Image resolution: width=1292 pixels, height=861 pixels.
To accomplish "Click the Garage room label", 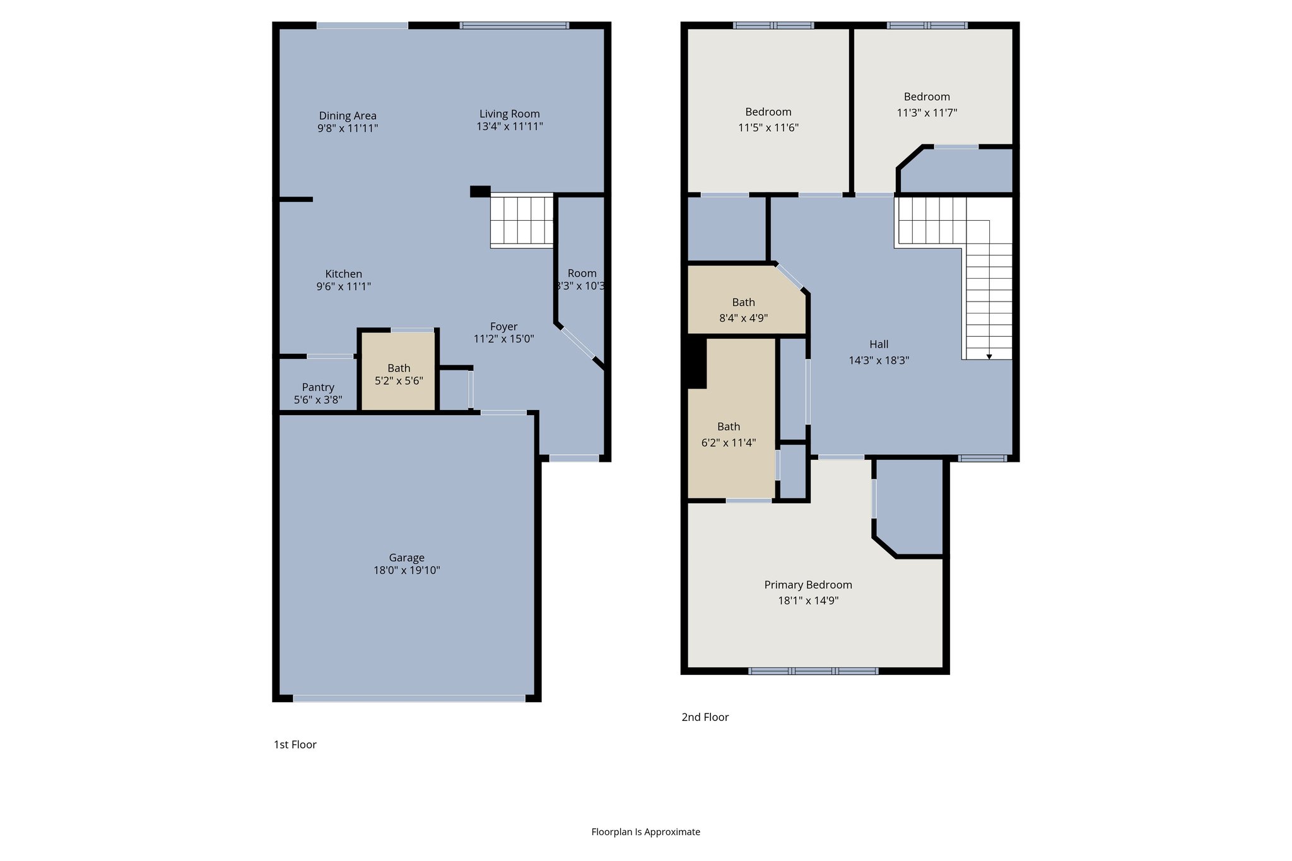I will [x=406, y=558].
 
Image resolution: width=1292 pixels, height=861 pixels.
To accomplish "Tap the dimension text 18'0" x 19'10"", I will [x=406, y=570].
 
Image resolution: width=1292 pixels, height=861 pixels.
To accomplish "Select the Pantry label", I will [x=318, y=387].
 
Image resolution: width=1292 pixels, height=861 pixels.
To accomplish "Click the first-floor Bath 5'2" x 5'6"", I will [x=399, y=374].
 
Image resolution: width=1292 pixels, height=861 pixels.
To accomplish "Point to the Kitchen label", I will [x=343, y=274].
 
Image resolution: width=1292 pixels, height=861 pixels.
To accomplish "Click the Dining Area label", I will [x=348, y=115].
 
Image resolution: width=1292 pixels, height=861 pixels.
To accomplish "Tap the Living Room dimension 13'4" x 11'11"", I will [x=509, y=126].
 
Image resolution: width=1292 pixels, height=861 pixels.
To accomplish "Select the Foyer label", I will [x=503, y=327].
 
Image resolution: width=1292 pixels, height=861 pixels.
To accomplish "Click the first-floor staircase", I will [x=522, y=220].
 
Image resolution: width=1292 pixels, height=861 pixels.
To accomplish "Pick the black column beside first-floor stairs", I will [x=480, y=191].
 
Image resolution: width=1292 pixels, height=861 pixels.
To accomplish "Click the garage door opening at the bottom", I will [x=409, y=698].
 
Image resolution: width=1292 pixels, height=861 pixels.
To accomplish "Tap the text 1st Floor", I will [x=295, y=744].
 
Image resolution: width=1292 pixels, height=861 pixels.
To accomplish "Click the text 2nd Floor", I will [x=705, y=717].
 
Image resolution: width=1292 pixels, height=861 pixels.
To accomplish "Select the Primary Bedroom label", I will [x=807, y=585].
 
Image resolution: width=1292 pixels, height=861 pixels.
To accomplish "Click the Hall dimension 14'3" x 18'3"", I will [x=879, y=361].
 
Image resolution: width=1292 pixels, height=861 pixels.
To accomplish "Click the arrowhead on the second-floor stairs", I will [x=989, y=357].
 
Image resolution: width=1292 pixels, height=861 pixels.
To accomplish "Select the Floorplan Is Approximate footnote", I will [x=645, y=832].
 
